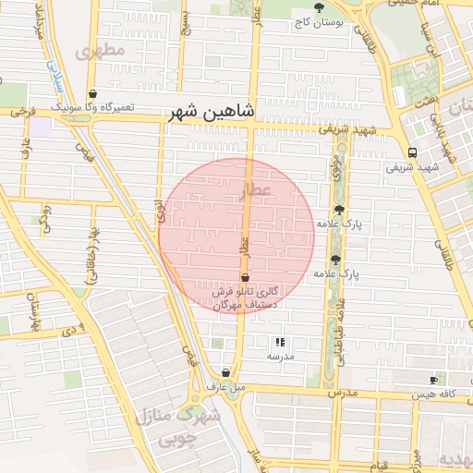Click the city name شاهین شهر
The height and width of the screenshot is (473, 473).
212,112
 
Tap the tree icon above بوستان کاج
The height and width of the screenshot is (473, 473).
319,8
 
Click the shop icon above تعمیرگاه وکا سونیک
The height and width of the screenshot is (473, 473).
93,93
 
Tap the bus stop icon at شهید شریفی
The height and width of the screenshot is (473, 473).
411,153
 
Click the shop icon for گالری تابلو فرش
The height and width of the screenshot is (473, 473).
245,277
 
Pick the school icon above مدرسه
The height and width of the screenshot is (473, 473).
280,343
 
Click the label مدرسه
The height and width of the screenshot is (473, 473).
280,357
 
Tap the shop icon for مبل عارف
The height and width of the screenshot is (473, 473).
225,372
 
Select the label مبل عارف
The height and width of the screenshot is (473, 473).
225,386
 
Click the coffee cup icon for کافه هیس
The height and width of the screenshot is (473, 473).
433,380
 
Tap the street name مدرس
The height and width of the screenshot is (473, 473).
344,392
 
